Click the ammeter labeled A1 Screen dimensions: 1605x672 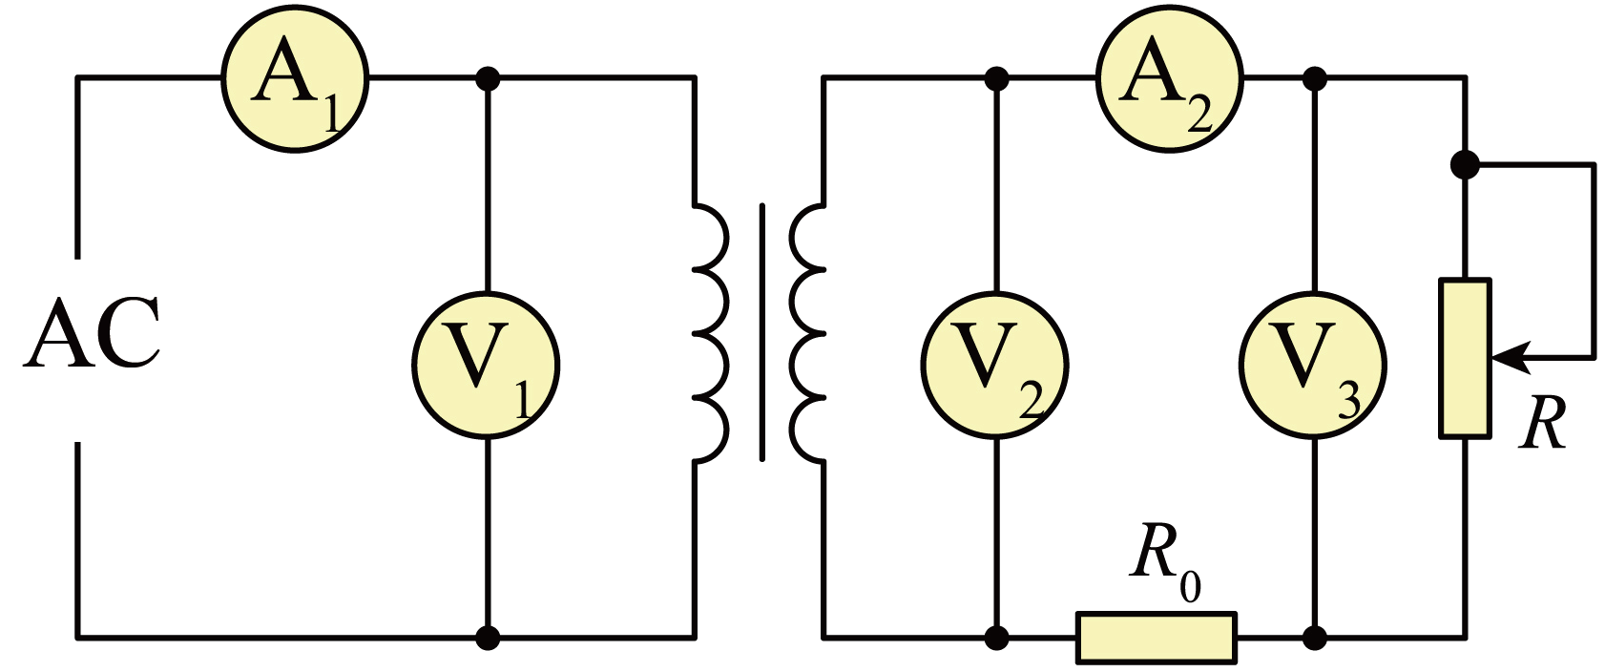coord(295,77)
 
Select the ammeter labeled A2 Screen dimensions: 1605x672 coord(1169,77)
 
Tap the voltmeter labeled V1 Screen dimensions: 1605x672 coord(486,366)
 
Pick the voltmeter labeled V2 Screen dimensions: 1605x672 coord(994,366)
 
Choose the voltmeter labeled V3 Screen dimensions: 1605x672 coord(1313,366)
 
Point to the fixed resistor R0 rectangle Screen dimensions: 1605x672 coord(1157,637)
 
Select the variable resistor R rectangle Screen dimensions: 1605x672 coord(1466,358)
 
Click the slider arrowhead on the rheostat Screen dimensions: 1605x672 coord(1508,358)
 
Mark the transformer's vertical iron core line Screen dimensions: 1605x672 coord(761,332)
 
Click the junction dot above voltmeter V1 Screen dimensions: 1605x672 coord(488,77)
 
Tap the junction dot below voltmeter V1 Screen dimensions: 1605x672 coord(488,636)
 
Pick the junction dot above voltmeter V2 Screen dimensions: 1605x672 coord(996,77)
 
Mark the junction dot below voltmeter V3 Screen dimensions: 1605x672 coord(1315,636)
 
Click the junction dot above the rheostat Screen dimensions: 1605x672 coord(1465,165)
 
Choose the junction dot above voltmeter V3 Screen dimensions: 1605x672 coord(1315,77)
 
